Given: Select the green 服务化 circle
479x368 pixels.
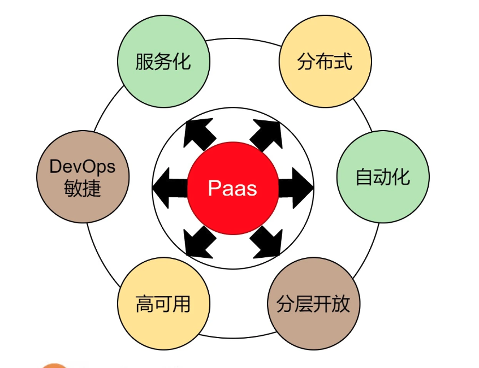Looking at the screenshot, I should point(163,61).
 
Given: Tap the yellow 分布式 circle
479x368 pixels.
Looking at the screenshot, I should point(325,61).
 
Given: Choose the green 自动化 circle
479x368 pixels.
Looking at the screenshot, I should point(383,177).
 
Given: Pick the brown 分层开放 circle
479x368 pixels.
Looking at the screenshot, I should point(313,304).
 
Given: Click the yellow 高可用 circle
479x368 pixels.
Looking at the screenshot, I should point(163,305).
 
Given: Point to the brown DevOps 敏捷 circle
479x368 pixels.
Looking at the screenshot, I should point(83,177).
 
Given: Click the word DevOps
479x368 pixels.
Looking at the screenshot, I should point(83,167).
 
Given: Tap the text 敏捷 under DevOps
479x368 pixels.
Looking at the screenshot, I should point(83,188).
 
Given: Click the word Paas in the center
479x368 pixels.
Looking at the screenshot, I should point(232,188).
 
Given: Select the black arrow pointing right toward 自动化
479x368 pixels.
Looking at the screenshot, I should point(295,187).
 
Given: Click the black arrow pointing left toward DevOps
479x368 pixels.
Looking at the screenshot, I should point(170,187).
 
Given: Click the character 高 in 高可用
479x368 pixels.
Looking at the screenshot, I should point(144,305).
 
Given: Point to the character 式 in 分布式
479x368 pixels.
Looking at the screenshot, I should point(343,61).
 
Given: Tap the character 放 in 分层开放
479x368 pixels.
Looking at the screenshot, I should point(341,304).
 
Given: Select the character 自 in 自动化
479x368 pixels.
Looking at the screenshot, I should point(364,177).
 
